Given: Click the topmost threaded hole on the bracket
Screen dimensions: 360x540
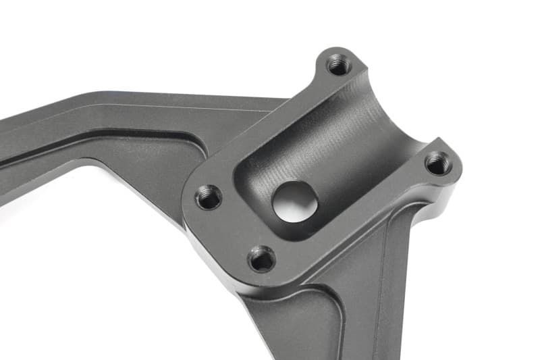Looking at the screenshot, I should pyautogui.click(x=338, y=65).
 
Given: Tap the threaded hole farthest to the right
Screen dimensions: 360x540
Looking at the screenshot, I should pyautogui.click(x=439, y=163).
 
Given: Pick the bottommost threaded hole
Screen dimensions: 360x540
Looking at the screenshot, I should pyautogui.click(x=261, y=258).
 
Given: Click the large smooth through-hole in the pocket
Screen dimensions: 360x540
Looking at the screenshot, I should pyautogui.click(x=295, y=199).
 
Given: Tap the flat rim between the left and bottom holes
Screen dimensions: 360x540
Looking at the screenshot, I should pyautogui.click(x=226, y=230).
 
